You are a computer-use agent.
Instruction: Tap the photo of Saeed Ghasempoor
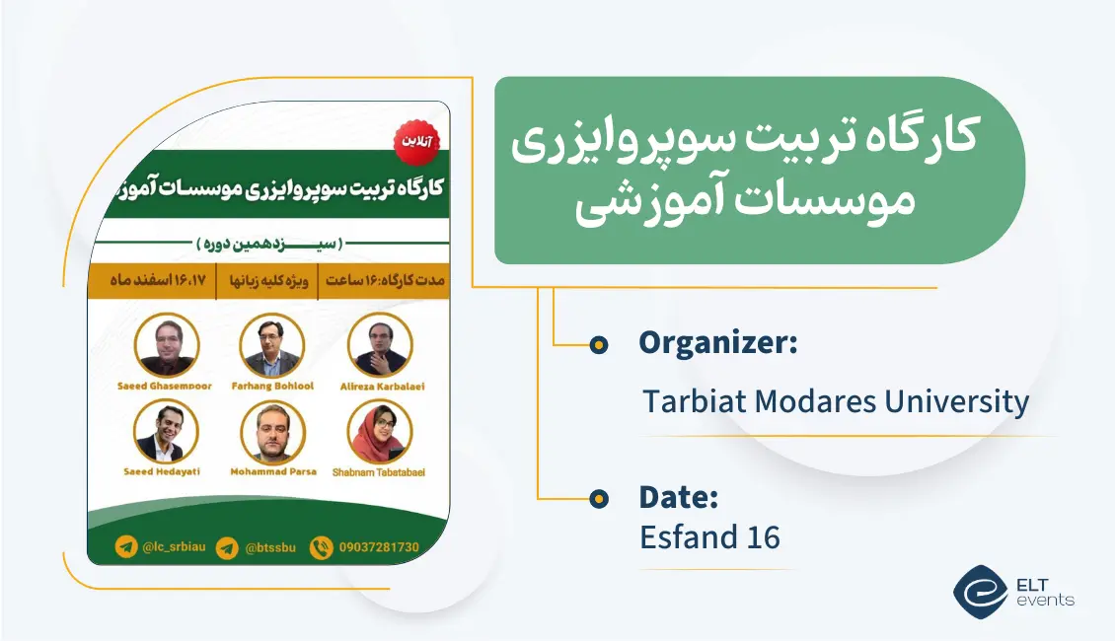click(x=167, y=344)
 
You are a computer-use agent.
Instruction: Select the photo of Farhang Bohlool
click(x=271, y=344)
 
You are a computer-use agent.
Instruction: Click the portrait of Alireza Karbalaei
click(x=380, y=344)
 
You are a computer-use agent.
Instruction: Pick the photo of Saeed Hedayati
click(x=167, y=431)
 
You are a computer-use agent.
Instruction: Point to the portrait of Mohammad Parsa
click(x=273, y=431)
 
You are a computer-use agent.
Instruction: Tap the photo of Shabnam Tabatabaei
click(x=380, y=431)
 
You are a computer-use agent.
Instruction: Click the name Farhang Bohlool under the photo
click(x=271, y=386)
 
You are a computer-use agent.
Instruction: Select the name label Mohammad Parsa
click(x=273, y=471)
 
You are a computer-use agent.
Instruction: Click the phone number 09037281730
click(x=379, y=547)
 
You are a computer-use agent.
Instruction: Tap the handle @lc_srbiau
click(x=175, y=547)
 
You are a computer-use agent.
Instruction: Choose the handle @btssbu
click(x=265, y=547)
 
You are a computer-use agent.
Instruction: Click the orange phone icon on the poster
click(x=321, y=547)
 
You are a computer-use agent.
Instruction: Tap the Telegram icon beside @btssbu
click(x=227, y=547)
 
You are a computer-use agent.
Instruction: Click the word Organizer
click(x=717, y=343)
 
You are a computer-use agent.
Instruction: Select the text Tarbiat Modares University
click(x=836, y=401)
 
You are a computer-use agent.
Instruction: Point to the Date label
click(x=678, y=498)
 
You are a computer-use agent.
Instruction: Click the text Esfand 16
click(x=709, y=537)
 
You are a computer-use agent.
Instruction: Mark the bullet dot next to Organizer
click(x=598, y=344)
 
